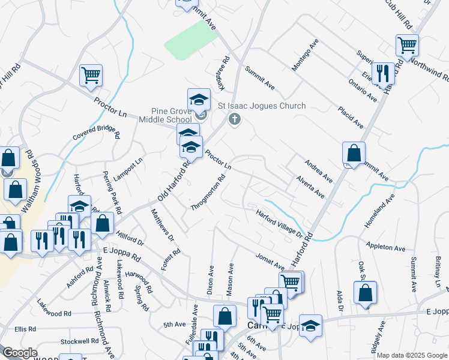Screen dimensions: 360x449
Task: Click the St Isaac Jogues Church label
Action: pyautogui.click(x=262, y=106)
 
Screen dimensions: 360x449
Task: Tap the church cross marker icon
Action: pyautogui.click(x=235, y=120)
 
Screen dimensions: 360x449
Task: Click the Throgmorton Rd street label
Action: pyautogui.click(x=208, y=192)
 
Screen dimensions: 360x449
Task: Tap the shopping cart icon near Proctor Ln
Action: pyautogui.click(x=91, y=75)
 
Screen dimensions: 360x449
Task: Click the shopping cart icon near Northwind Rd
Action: pyautogui.click(x=407, y=44)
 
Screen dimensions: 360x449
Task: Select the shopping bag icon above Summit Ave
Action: pyautogui.click(x=354, y=152)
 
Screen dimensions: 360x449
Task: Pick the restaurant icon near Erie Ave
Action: pyautogui.click(x=382, y=73)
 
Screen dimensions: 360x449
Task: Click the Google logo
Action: pyautogui.click(x=20, y=353)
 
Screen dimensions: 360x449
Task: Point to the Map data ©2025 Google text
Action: pyautogui.click(x=412, y=355)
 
